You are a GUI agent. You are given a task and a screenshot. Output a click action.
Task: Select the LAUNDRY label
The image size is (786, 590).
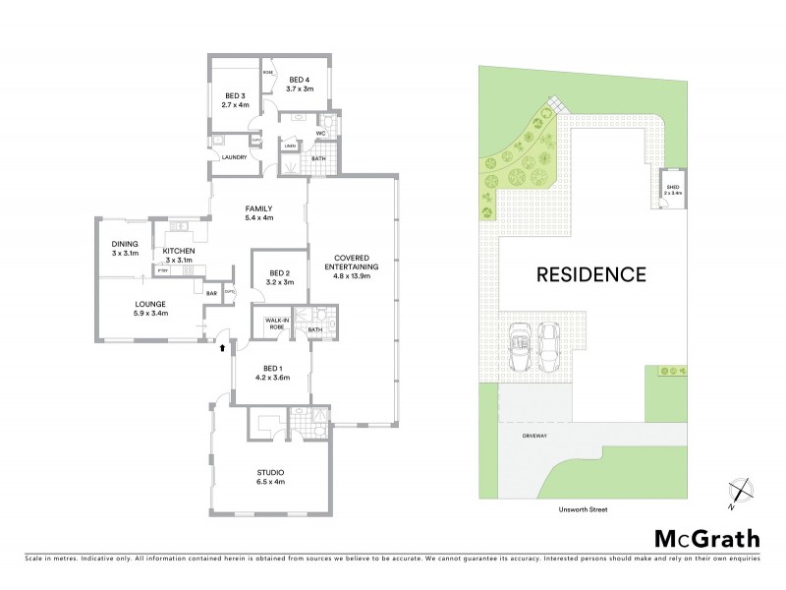(x=234, y=157)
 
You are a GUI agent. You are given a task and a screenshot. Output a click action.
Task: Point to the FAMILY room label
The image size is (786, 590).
(x=258, y=212)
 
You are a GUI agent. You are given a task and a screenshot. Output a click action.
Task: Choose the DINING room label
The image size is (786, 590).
(x=125, y=248)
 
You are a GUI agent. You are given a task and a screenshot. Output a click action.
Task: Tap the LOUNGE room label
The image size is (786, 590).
(x=150, y=309)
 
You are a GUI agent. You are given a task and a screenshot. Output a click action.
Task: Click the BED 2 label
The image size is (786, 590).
(x=280, y=277)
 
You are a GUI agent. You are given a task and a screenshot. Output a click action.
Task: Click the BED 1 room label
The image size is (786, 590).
(x=272, y=372)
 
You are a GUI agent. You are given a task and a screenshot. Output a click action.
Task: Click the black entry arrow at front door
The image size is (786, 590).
(x=222, y=346)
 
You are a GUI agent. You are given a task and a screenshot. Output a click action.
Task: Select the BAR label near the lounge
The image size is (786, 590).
(x=211, y=292)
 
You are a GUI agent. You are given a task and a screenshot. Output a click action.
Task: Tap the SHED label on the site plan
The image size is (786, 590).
(x=672, y=189)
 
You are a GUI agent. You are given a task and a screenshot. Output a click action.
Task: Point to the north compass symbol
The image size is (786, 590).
(x=739, y=492)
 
